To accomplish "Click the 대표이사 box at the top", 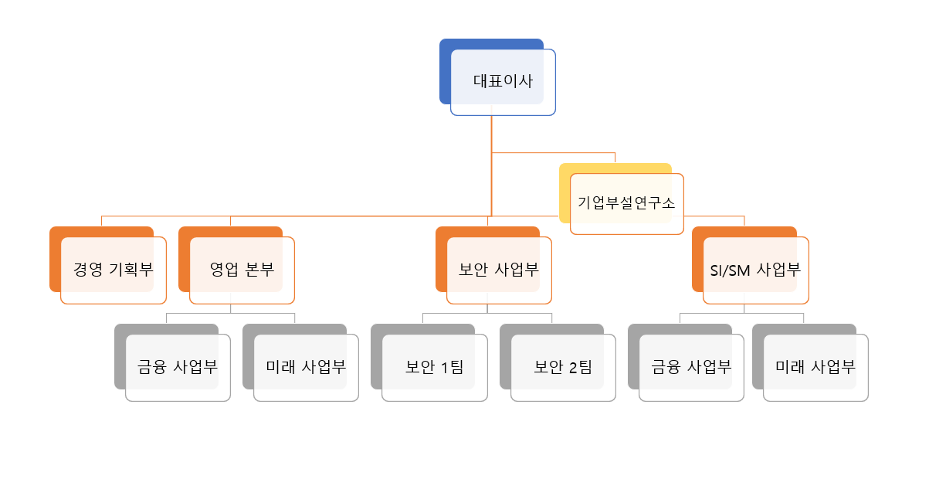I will pyautogui.click(x=503, y=82).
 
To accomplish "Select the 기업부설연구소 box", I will pyautogui.click(x=626, y=203).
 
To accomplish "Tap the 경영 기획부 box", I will pyautogui.click(x=114, y=270).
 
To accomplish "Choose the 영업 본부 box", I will pyautogui.click(x=242, y=270).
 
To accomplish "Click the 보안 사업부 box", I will pyautogui.click(x=499, y=270).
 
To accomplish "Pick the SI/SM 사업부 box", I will pyautogui.click(x=755, y=270).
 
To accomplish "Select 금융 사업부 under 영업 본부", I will pyautogui.click(x=178, y=367).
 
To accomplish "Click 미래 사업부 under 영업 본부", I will pyautogui.click(x=306, y=367).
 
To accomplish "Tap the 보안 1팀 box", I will pyautogui.click(x=434, y=367).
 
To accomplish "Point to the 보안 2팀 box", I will pyautogui.click(x=563, y=367).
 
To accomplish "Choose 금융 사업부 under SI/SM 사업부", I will pyautogui.click(x=691, y=367).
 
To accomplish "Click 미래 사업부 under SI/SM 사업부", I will pyautogui.click(x=815, y=367).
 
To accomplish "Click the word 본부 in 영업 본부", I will pyautogui.click(x=259, y=270).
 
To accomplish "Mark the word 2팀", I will pyautogui.click(x=579, y=367).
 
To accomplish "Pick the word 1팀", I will pyautogui.click(x=451, y=367).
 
